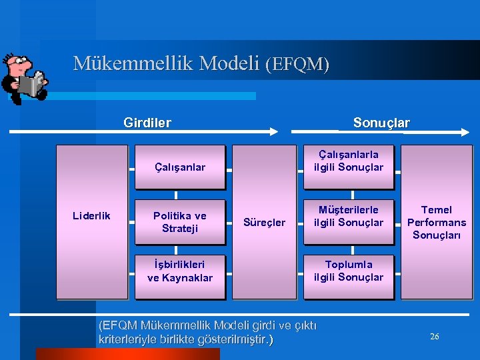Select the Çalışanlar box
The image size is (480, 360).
pos(179,167)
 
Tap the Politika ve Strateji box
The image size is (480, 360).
pos(179,222)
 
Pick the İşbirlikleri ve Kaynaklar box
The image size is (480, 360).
pos(179,271)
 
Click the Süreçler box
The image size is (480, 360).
pos(264,221)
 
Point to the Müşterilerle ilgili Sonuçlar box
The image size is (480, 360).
pos(349,217)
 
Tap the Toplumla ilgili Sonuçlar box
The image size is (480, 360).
pos(349,271)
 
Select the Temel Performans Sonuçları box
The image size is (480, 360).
pos(437,221)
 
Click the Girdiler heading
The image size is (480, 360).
pos(147,123)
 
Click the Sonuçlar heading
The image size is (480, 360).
pos(381,123)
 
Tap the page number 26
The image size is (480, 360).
pos(434,337)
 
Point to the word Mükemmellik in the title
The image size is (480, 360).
pos(119,63)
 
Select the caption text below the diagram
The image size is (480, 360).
pos(207,333)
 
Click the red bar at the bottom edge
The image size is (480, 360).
pos(127,354)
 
